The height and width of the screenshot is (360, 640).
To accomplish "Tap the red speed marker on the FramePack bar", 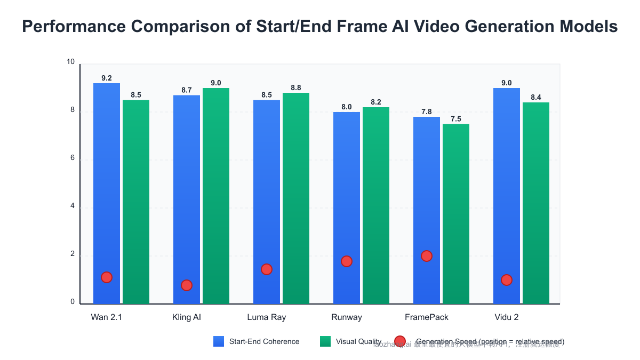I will (x=427, y=256).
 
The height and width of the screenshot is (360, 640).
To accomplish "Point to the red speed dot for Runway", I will (x=347, y=261).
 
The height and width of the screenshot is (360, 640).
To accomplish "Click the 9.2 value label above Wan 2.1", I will (x=107, y=78).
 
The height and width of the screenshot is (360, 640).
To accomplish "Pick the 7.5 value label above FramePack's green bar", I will (x=456, y=119).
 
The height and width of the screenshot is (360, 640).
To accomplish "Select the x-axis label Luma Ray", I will (x=267, y=317).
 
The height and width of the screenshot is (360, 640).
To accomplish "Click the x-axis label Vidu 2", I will (x=507, y=317).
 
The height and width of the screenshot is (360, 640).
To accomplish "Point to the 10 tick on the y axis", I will (x=70, y=62).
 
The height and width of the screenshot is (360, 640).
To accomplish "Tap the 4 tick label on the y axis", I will (x=72, y=207).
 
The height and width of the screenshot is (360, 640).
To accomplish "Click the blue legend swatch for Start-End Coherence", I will (x=219, y=341).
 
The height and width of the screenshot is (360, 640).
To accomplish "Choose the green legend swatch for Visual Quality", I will (x=325, y=341).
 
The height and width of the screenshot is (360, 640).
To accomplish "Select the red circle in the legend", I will (x=400, y=341).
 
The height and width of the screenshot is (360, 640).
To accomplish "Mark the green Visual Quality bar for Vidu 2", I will (x=536, y=203).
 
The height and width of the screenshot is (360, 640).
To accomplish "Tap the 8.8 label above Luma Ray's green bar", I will (x=296, y=87).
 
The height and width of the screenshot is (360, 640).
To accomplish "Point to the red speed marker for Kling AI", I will (x=187, y=285).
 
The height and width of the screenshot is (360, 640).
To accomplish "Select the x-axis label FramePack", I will (x=427, y=317).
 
